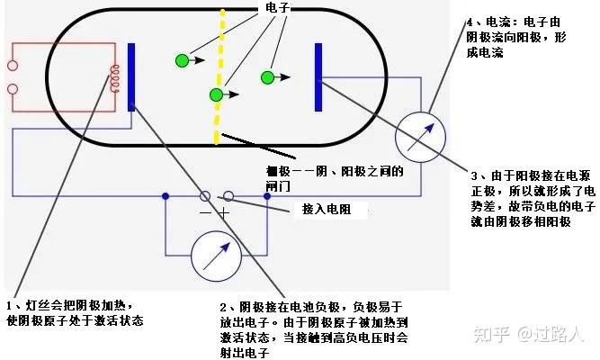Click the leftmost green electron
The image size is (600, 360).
coord(182,60)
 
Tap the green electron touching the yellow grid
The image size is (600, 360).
coord(216,94)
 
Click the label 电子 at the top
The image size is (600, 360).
coord(275,7)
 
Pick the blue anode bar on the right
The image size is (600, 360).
coord(318,79)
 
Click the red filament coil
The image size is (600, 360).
coord(114,79)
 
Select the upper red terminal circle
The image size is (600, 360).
coord(13,66)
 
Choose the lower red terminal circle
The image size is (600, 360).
coord(13,88)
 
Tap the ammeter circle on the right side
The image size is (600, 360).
coord(421,135)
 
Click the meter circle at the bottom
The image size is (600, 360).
coord(215,256)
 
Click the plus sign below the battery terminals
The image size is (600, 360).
coord(224,212)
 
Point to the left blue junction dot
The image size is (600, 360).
coord(165,195)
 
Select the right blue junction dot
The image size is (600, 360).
coord(267,195)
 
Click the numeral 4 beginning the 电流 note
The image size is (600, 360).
coord(469,21)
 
